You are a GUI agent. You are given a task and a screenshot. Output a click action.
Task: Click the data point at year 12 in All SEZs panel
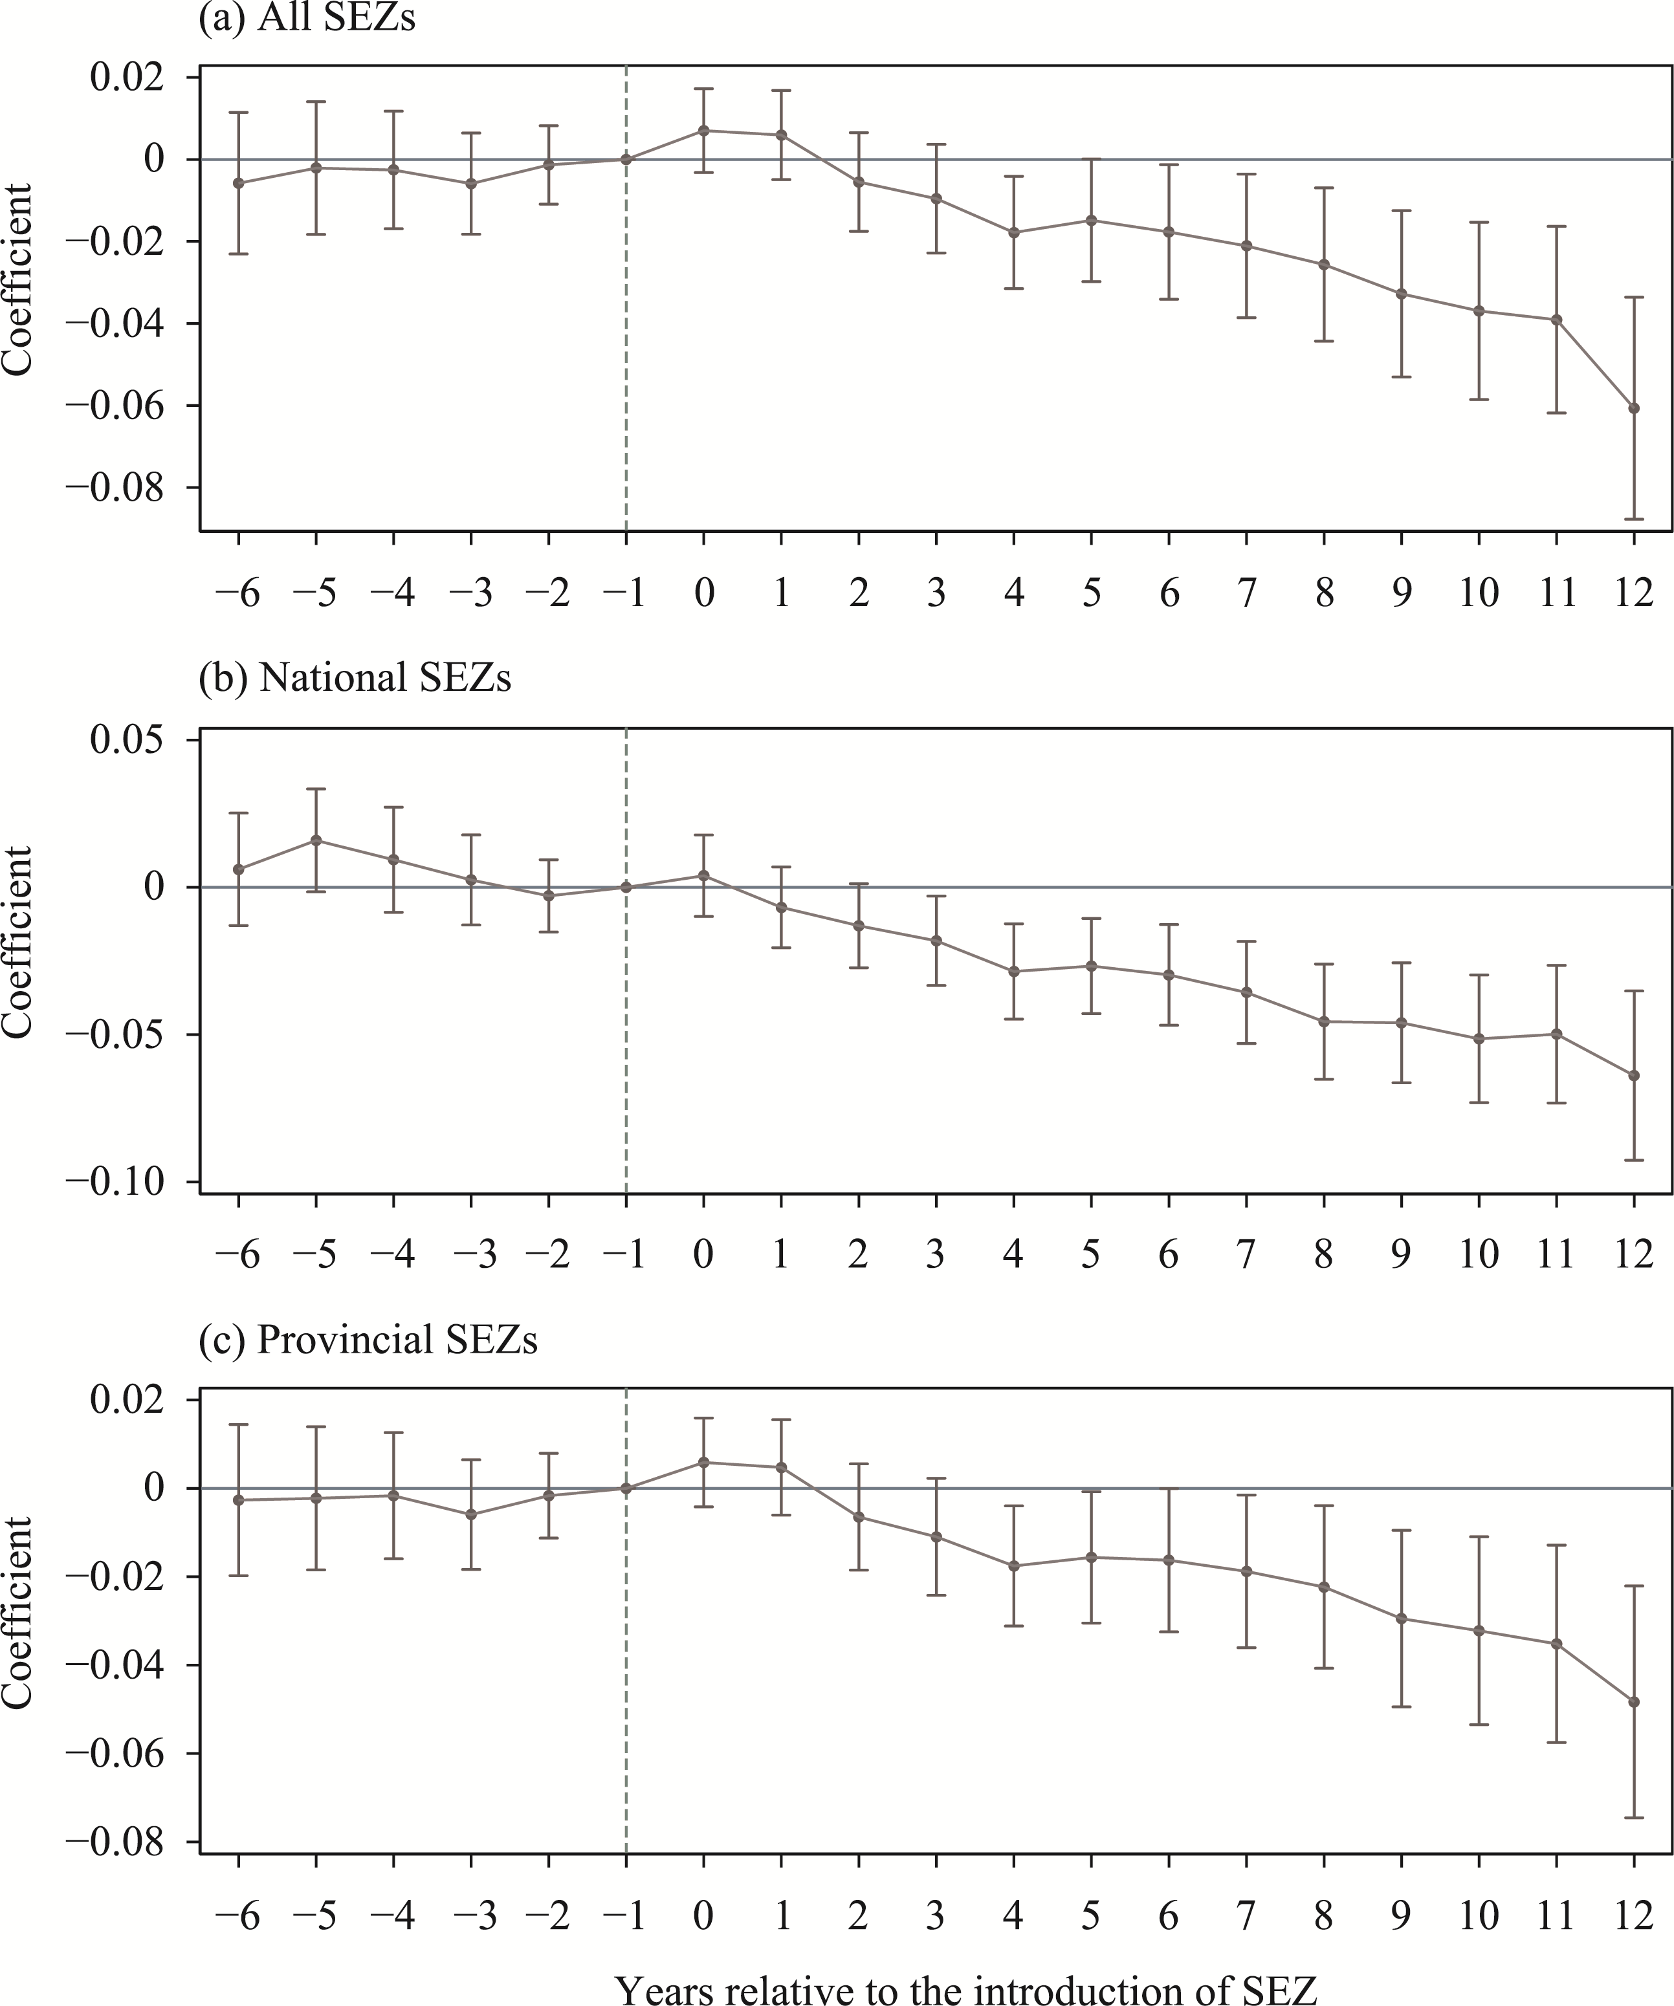(1634, 408)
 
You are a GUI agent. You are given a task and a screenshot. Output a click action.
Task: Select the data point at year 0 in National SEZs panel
(704, 875)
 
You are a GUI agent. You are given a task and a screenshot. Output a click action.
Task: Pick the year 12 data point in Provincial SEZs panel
(1634, 1702)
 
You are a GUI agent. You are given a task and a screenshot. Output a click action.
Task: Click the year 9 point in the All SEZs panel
(1402, 293)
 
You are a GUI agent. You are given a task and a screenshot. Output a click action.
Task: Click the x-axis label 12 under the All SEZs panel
(1634, 593)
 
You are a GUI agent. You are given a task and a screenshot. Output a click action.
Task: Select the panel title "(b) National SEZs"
(355, 677)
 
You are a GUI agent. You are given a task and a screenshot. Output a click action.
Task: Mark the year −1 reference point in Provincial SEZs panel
(626, 1488)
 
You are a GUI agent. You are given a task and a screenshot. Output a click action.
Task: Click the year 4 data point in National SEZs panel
(1014, 972)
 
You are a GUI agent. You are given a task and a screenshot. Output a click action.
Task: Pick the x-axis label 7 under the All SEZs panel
(1246, 593)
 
